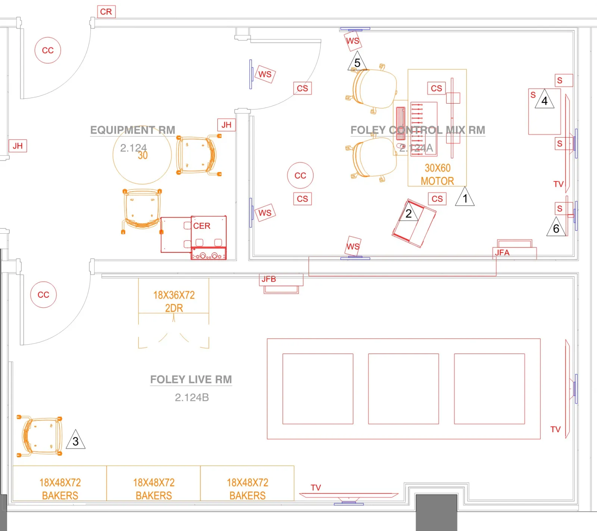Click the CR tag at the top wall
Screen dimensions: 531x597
106,12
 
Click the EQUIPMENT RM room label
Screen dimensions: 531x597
132,130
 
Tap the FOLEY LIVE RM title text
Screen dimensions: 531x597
191,379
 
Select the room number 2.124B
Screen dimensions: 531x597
192,398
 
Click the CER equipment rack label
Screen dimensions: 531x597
201,226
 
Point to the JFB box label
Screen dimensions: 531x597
269,279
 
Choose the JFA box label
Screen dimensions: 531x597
502,253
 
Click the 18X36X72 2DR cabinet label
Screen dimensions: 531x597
174,301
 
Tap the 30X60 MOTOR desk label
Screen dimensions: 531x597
437,174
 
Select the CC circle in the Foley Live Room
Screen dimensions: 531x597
43,295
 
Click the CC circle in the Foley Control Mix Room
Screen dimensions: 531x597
300,176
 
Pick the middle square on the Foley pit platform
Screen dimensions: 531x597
403,389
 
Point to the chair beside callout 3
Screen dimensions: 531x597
41,436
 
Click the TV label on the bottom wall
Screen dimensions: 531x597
316,487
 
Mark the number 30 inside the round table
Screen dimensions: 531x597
143,155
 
